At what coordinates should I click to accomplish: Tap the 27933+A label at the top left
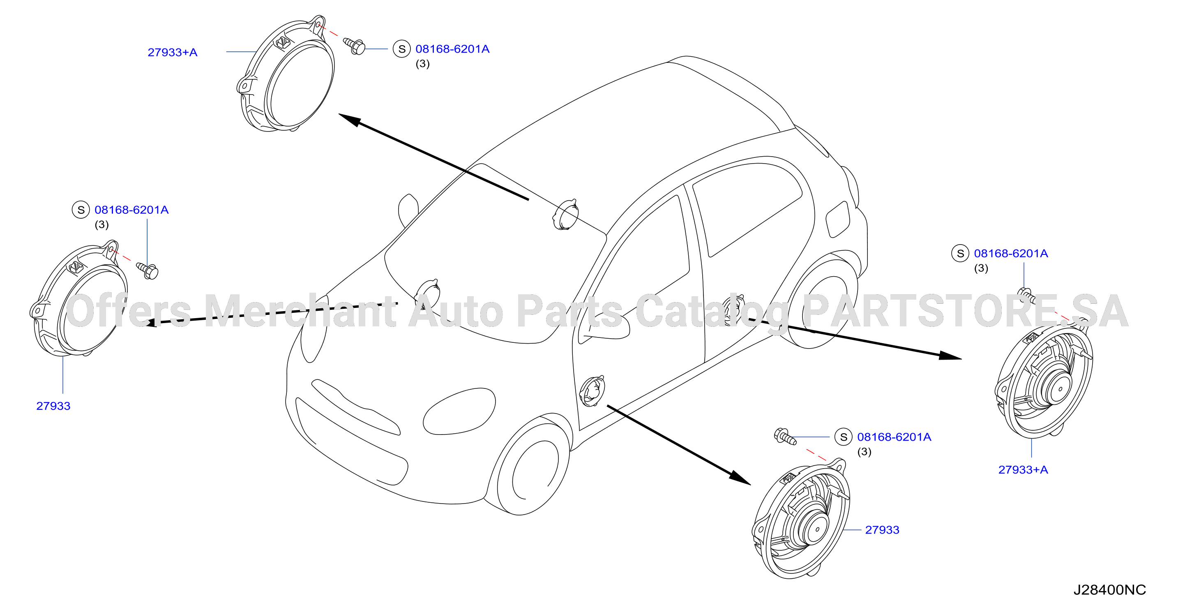172,52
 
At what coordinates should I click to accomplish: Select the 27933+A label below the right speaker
1023,470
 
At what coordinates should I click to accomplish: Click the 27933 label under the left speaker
53,406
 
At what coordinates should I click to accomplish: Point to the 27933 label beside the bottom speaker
882,530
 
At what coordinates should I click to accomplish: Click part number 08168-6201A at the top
452,49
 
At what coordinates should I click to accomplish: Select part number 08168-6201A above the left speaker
131,210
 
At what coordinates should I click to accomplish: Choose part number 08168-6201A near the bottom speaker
894,437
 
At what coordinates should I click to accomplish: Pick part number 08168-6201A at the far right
1011,253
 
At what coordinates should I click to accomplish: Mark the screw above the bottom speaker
785,437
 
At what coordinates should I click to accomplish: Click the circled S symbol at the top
402,49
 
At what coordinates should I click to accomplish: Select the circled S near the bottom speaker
844,437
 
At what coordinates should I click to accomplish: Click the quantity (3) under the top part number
422,64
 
